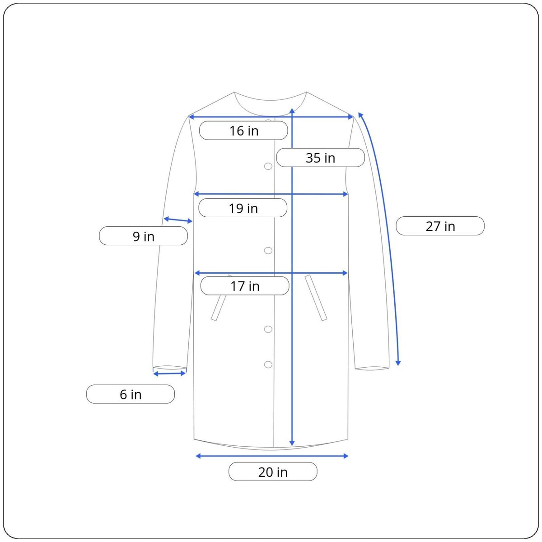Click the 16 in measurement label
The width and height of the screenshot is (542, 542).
[x=243, y=131]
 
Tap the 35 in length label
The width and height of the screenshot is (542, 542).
[x=320, y=158]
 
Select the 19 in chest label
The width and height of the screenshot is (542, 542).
[x=243, y=208]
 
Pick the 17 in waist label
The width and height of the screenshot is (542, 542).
[x=245, y=286]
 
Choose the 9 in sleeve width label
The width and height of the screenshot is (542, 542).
[x=144, y=236]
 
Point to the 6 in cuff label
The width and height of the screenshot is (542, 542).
[x=131, y=394]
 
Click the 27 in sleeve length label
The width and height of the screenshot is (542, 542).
[x=440, y=226]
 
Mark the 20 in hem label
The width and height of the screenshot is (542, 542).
[x=273, y=472]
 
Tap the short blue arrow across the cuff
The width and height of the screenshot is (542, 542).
[x=169, y=374]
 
